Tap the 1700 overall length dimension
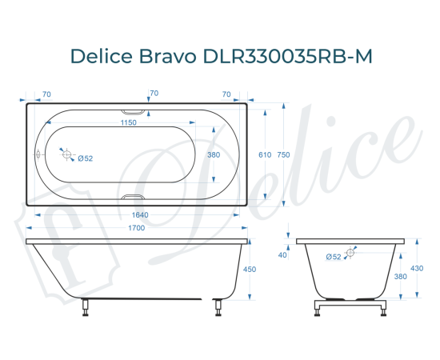point(136,229)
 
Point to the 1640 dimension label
point(138,214)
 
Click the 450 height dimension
point(249,270)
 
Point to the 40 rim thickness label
point(282,255)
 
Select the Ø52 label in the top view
point(86,158)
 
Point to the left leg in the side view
point(86,307)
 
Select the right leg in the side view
point(215,307)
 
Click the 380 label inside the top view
point(214,155)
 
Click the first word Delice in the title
point(102,57)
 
